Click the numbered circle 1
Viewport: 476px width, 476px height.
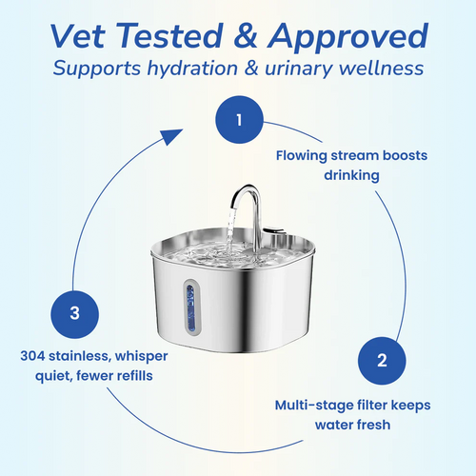[x=238, y=122]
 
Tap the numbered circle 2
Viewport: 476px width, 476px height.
[x=382, y=360]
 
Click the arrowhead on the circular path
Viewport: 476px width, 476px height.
[x=170, y=137]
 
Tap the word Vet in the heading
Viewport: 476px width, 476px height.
[x=89, y=37]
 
